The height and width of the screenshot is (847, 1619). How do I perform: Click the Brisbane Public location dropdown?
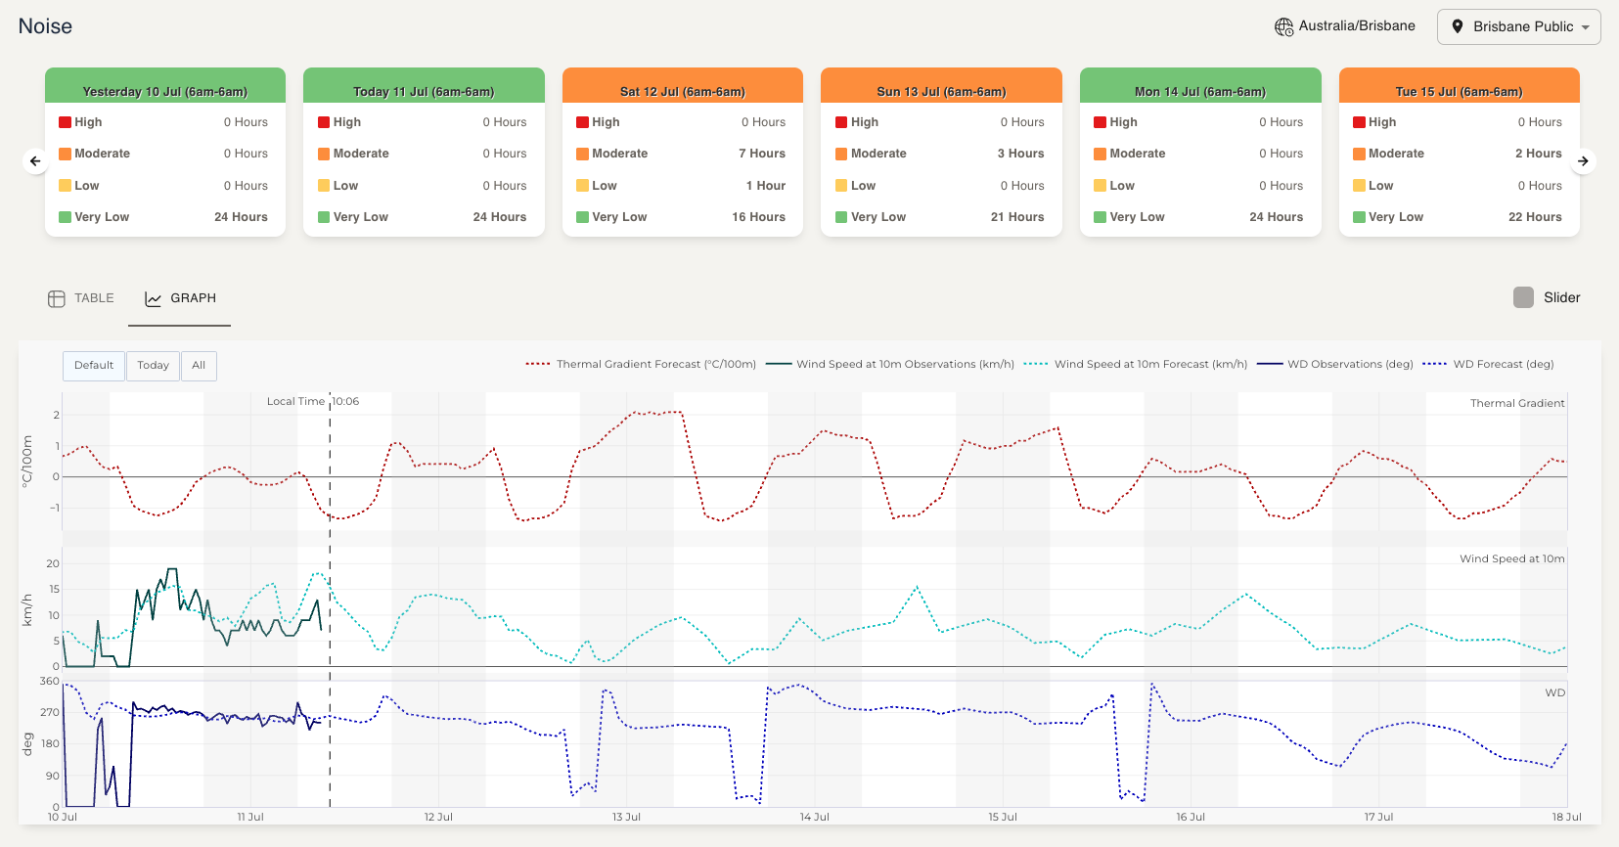coord(1518,27)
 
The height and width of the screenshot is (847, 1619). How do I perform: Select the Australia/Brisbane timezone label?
coord(1356,26)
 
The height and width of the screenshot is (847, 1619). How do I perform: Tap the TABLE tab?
coord(81,298)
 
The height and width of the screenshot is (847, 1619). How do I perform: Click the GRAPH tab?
coord(181,298)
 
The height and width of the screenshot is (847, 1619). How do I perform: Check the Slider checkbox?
coord(1523,297)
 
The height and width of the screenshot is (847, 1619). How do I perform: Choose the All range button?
coord(199,366)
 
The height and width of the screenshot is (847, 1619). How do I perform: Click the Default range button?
coord(94,366)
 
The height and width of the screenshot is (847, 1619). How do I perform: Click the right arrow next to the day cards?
coord(1583,161)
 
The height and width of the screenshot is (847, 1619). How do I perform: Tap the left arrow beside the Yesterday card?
coord(35,161)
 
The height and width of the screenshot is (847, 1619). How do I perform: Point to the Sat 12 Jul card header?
coord(682,91)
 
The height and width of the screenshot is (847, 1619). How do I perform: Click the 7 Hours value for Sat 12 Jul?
coord(761,154)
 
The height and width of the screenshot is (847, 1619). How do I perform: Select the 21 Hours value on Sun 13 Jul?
coord(1016,217)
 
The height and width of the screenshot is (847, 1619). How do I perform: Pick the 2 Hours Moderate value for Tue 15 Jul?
coord(1538,154)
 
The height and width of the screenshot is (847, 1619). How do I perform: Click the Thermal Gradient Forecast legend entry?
coord(642,365)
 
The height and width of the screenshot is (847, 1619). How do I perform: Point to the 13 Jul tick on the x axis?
coord(626,817)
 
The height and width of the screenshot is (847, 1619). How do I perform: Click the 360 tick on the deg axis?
coord(50,682)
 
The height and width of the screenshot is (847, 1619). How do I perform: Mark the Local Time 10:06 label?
coord(313,402)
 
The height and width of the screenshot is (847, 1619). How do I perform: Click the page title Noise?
coord(45,26)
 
